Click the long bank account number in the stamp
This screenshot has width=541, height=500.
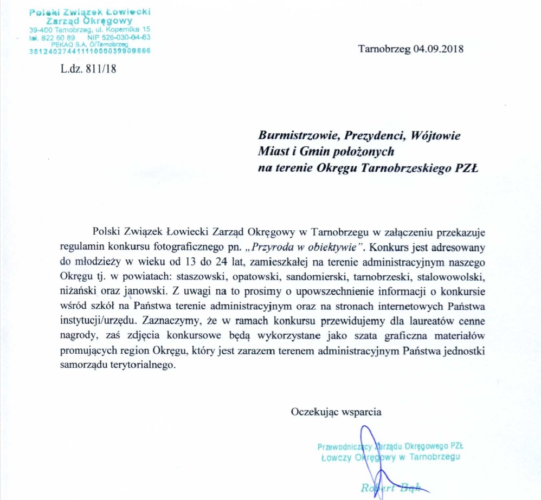pyautogui.click(x=90, y=51)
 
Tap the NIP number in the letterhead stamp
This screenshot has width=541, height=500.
pyautogui.click(x=131, y=37)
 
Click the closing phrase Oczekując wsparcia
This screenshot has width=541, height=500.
pyautogui.click(x=336, y=411)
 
